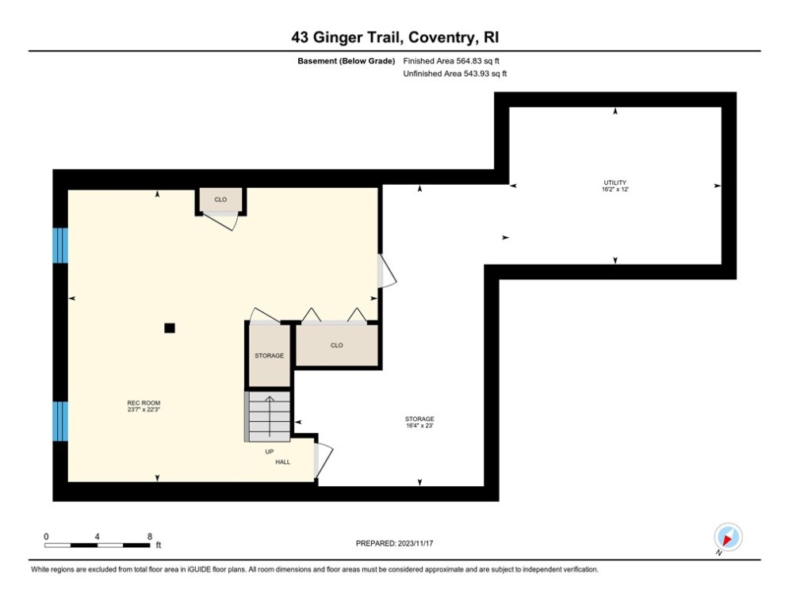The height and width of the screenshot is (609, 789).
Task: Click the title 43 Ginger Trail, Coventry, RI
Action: click(394, 37)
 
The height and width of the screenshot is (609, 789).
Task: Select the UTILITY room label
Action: click(614, 182)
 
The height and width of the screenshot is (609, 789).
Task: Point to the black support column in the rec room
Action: click(169, 327)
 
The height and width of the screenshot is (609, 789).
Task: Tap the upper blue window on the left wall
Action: click(60, 245)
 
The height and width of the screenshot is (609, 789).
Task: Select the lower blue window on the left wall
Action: click(60, 420)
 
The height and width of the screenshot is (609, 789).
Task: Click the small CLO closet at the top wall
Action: click(220, 200)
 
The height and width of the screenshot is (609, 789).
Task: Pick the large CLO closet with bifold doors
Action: click(337, 346)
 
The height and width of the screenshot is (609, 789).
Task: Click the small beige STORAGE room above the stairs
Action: click(269, 356)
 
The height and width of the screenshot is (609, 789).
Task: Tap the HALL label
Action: click(283, 462)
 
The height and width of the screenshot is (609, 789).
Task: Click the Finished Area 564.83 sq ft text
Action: click(451, 61)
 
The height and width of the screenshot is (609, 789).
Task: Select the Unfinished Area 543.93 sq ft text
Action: click(454, 74)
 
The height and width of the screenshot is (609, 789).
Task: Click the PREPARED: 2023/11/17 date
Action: click(394, 543)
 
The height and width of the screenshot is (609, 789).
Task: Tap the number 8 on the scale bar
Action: click(149, 536)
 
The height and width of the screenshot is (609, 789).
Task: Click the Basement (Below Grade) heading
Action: click(346, 61)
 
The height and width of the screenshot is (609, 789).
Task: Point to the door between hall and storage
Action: click(322, 460)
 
